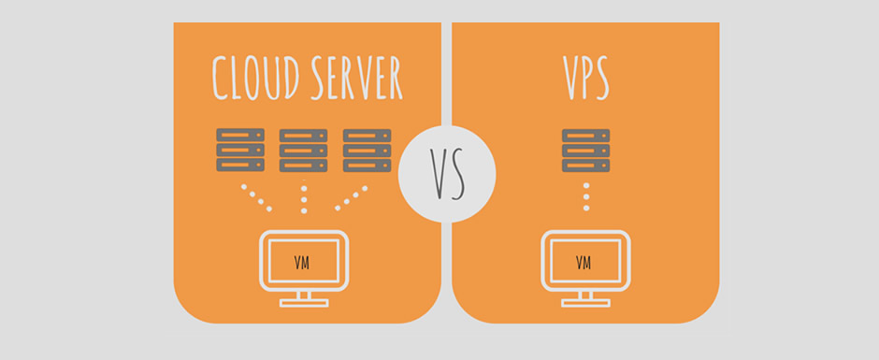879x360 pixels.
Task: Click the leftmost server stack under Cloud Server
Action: [240, 150]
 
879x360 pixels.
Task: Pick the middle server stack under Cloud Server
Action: [304, 150]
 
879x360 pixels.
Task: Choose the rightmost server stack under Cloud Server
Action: [367, 150]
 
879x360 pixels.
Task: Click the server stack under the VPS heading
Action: [586, 150]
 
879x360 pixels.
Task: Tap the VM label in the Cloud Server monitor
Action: [303, 262]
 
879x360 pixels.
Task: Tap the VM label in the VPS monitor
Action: [586, 262]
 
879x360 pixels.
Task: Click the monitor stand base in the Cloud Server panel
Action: [303, 302]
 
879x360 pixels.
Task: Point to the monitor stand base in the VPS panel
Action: [586, 302]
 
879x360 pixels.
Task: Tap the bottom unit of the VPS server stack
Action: [586, 165]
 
